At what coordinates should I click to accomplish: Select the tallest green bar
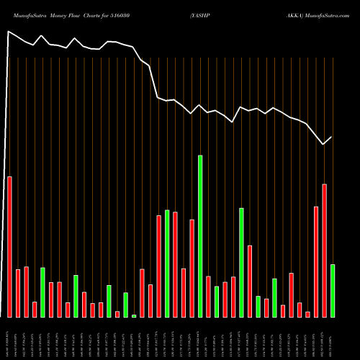(200, 236)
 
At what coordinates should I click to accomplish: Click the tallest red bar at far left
(9, 246)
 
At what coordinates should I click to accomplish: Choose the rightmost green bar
(333, 291)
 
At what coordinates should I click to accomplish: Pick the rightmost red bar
(324, 251)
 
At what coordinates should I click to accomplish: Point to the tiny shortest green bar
(134, 315)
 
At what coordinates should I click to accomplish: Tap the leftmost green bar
(42, 292)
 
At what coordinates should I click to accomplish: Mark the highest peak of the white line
(8, 32)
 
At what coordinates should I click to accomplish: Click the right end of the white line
(332, 137)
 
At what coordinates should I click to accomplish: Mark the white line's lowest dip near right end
(324, 144)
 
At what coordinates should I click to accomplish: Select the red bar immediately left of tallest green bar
(192, 268)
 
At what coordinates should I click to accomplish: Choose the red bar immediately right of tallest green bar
(208, 297)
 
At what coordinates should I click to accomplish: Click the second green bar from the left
(76, 296)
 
